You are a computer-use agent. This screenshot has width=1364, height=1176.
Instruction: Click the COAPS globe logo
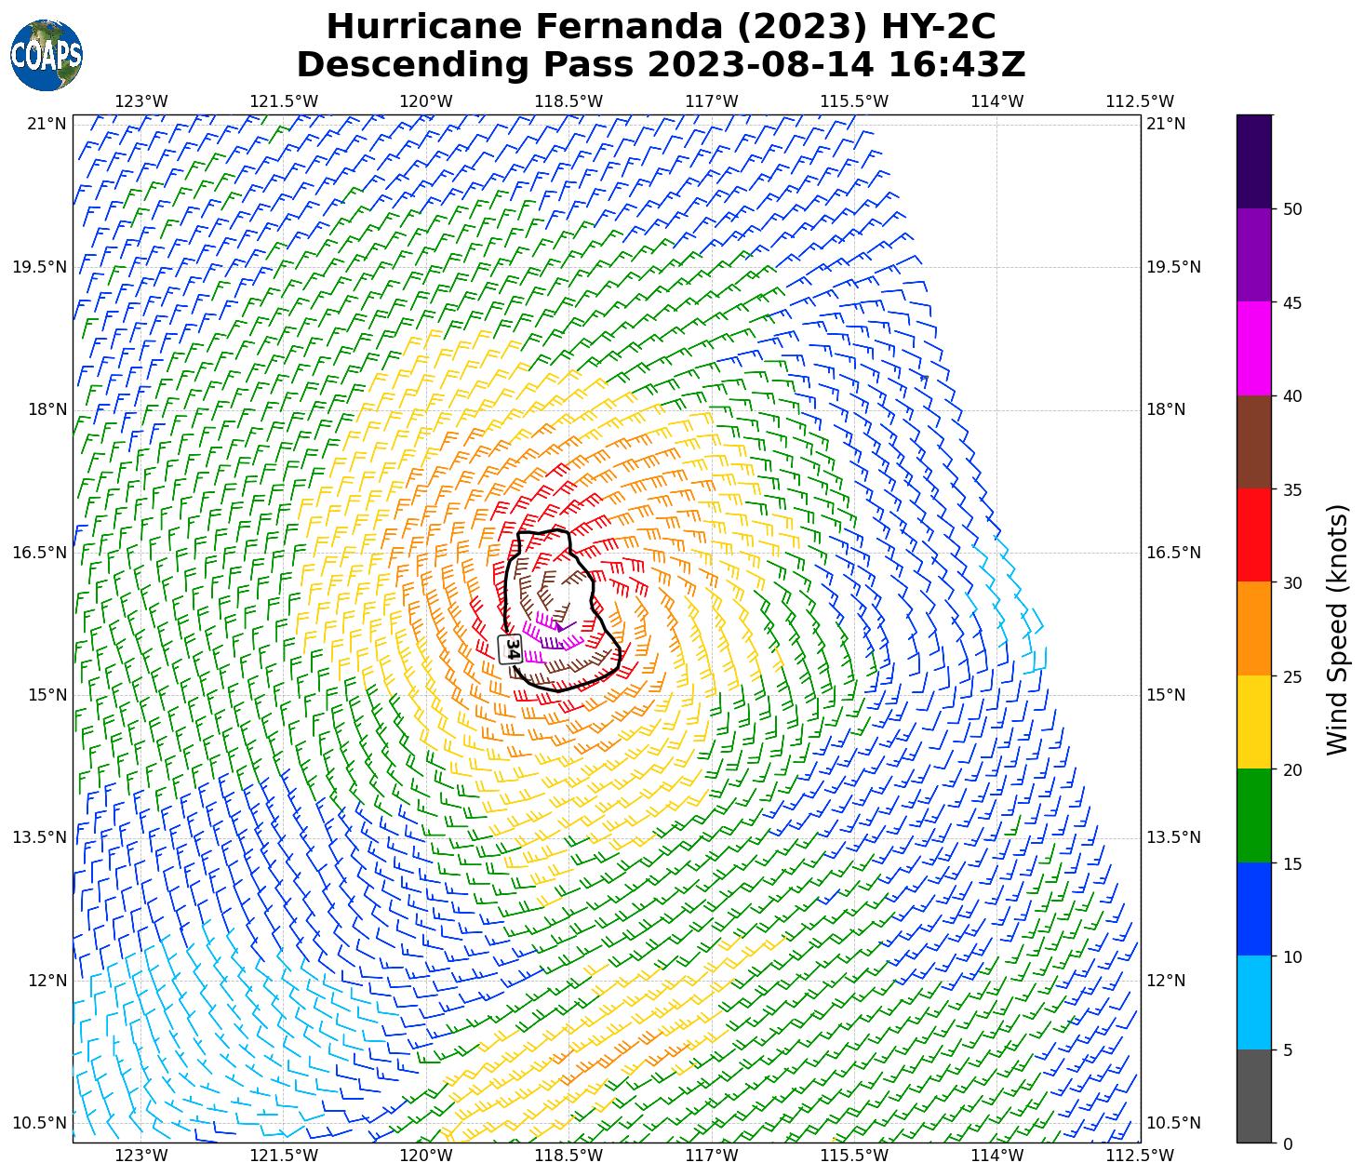[x=47, y=56]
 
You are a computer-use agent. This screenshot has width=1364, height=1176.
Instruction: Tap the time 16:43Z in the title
[x=956, y=65]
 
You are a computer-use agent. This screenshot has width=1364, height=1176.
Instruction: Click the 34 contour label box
[x=511, y=648]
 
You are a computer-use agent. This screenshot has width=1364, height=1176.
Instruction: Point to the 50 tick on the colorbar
[x=1291, y=209]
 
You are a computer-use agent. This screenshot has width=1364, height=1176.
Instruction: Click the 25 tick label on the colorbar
[x=1291, y=676]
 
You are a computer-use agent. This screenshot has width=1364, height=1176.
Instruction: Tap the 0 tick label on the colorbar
[x=1288, y=1144]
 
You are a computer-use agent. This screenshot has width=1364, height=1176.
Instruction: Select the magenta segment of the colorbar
[x=1254, y=349]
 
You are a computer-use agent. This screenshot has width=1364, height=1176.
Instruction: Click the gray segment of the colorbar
[x=1254, y=1096]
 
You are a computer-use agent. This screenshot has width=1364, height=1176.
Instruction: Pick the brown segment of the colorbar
[x=1254, y=442]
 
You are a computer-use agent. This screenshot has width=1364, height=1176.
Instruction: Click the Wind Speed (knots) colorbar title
[x=1337, y=629]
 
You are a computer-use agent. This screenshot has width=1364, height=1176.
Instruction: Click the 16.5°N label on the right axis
[x=1174, y=553]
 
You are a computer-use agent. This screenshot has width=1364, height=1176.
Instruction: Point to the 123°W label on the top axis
[x=141, y=101]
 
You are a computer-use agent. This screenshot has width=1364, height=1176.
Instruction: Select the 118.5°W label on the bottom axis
[x=569, y=1156]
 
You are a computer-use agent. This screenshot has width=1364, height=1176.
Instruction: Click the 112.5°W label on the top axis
[x=1140, y=101]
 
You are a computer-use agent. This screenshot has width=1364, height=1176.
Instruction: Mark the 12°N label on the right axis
[x=1167, y=981]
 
